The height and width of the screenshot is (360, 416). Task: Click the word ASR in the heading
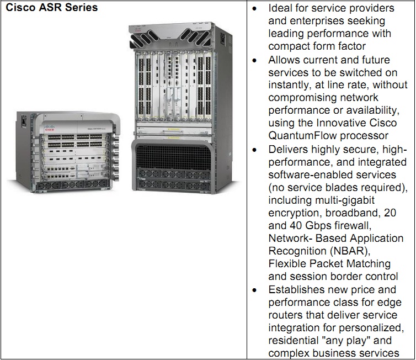(x=51, y=8)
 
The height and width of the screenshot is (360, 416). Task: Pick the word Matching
(x=366, y=264)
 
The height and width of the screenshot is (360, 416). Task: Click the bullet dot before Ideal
(x=254, y=9)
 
